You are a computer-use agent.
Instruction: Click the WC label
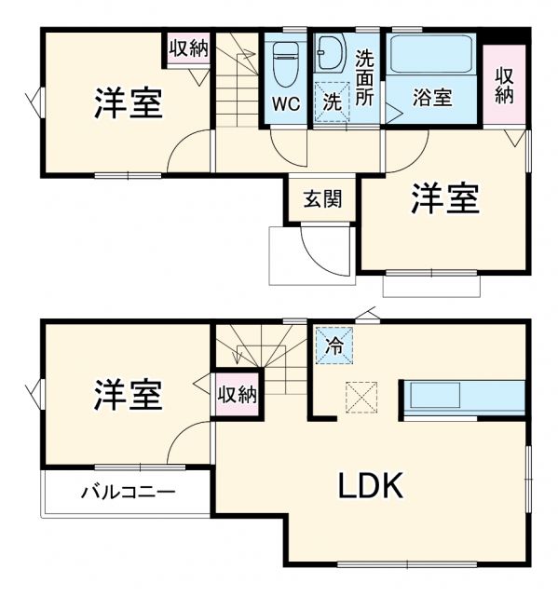point(286,103)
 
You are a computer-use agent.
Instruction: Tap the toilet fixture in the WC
point(284,65)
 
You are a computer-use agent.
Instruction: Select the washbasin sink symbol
point(330,56)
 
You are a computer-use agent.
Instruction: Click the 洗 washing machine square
point(331,102)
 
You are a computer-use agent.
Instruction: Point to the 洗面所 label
point(366,77)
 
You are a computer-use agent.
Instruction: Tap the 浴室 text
point(432,97)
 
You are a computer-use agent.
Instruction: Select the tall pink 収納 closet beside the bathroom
point(504,85)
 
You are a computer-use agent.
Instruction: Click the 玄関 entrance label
point(321,197)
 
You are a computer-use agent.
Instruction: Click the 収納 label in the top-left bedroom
point(187,48)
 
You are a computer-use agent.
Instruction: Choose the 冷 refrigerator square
point(333,345)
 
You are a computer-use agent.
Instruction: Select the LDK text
point(370,485)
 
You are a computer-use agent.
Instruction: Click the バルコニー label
point(127,492)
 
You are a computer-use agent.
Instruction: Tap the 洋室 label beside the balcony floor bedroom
point(128,395)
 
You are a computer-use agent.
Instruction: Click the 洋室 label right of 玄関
point(446,198)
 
